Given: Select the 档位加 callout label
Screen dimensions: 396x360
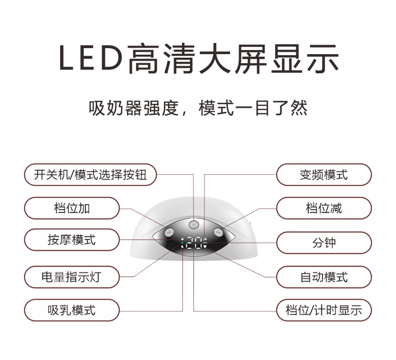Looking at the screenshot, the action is pos(72,208).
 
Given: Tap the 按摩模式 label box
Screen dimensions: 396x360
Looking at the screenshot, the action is pos(72,241).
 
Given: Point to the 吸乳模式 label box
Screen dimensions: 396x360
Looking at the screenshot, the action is pos(72,310).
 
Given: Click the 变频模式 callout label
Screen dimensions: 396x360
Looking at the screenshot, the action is pos(324,175).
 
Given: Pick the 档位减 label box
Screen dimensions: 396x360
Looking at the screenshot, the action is pos(324,208).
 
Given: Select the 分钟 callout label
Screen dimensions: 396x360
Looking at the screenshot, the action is pos(324,243).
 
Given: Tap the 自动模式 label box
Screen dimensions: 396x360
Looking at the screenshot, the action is pos(324,277).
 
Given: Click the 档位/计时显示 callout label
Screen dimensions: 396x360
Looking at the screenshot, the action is pos(324,310).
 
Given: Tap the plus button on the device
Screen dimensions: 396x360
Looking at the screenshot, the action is pos(169,232).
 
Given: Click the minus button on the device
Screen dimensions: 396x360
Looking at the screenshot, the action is pos(218,232).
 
